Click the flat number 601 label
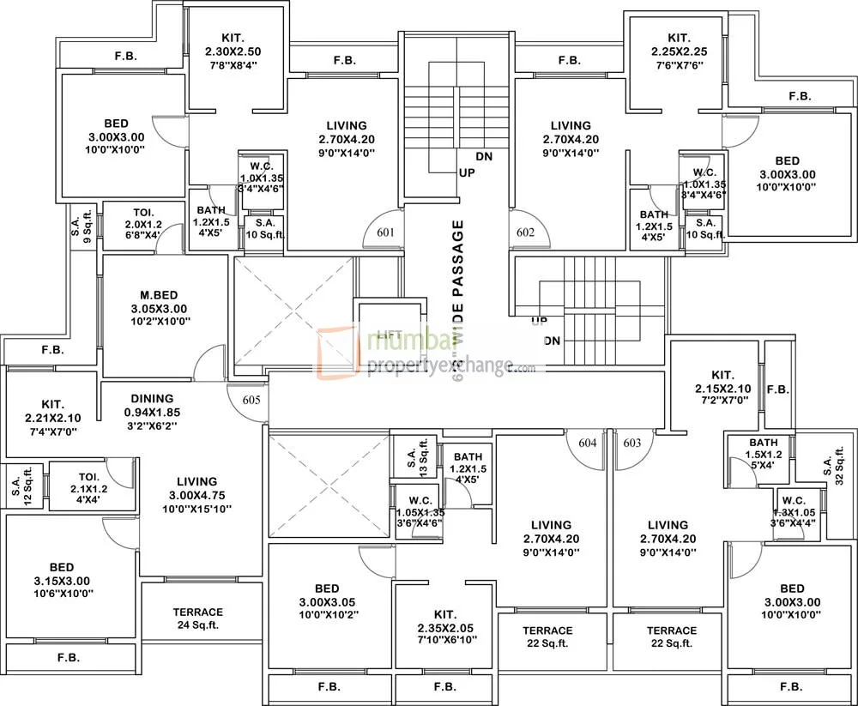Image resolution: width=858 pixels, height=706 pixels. pos(384,232)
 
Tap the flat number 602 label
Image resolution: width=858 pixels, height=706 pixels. pos(526,232)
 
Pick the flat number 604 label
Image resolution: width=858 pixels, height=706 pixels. pos(588,443)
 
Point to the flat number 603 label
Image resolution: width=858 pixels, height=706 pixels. pos(632,443)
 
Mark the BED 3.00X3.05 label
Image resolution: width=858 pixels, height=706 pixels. pos(326,601)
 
